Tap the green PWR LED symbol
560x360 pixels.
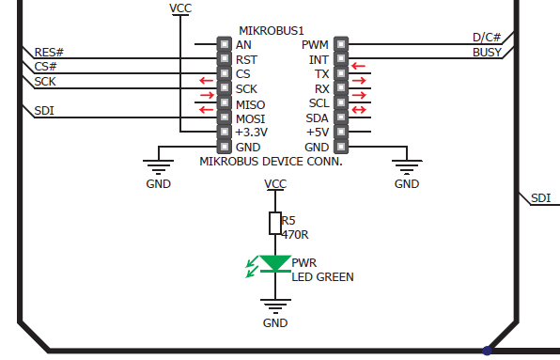pos(275,264)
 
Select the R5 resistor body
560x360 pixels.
pos(275,223)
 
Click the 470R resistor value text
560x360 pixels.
pos(296,235)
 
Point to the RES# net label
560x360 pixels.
pos(49,53)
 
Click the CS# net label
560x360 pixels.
pos(45,67)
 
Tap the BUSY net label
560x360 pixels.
pos(487,53)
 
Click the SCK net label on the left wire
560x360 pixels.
pos(45,82)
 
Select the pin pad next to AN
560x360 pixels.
pos(224,44)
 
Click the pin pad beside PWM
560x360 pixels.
pos(340,44)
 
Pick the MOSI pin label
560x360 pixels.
pos(250,118)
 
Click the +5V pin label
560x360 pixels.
pos(317,133)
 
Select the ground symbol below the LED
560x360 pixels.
pos(275,306)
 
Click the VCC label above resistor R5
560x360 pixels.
pos(275,184)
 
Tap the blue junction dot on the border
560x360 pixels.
pos(487,351)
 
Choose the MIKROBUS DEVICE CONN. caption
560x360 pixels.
pos(271,161)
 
